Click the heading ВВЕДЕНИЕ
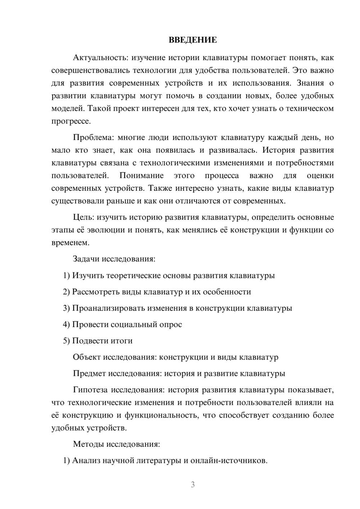coord(193,40)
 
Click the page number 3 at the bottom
coord(193,485)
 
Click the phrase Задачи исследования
coord(114,259)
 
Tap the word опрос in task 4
coord(170,324)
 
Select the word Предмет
coord(89,374)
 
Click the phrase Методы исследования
coord(116,444)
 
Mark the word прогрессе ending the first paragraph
coord(71,121)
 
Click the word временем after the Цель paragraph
coord(70,243)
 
